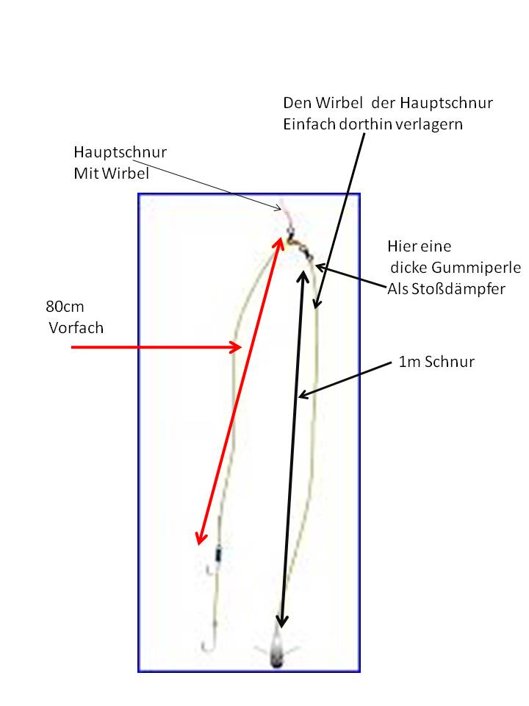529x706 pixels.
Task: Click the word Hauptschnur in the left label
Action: pos(120,153)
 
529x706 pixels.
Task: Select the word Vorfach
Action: pos(76,328)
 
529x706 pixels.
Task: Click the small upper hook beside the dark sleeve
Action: pos(209,568)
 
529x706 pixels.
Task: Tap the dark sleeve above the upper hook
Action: pos(217,554)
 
